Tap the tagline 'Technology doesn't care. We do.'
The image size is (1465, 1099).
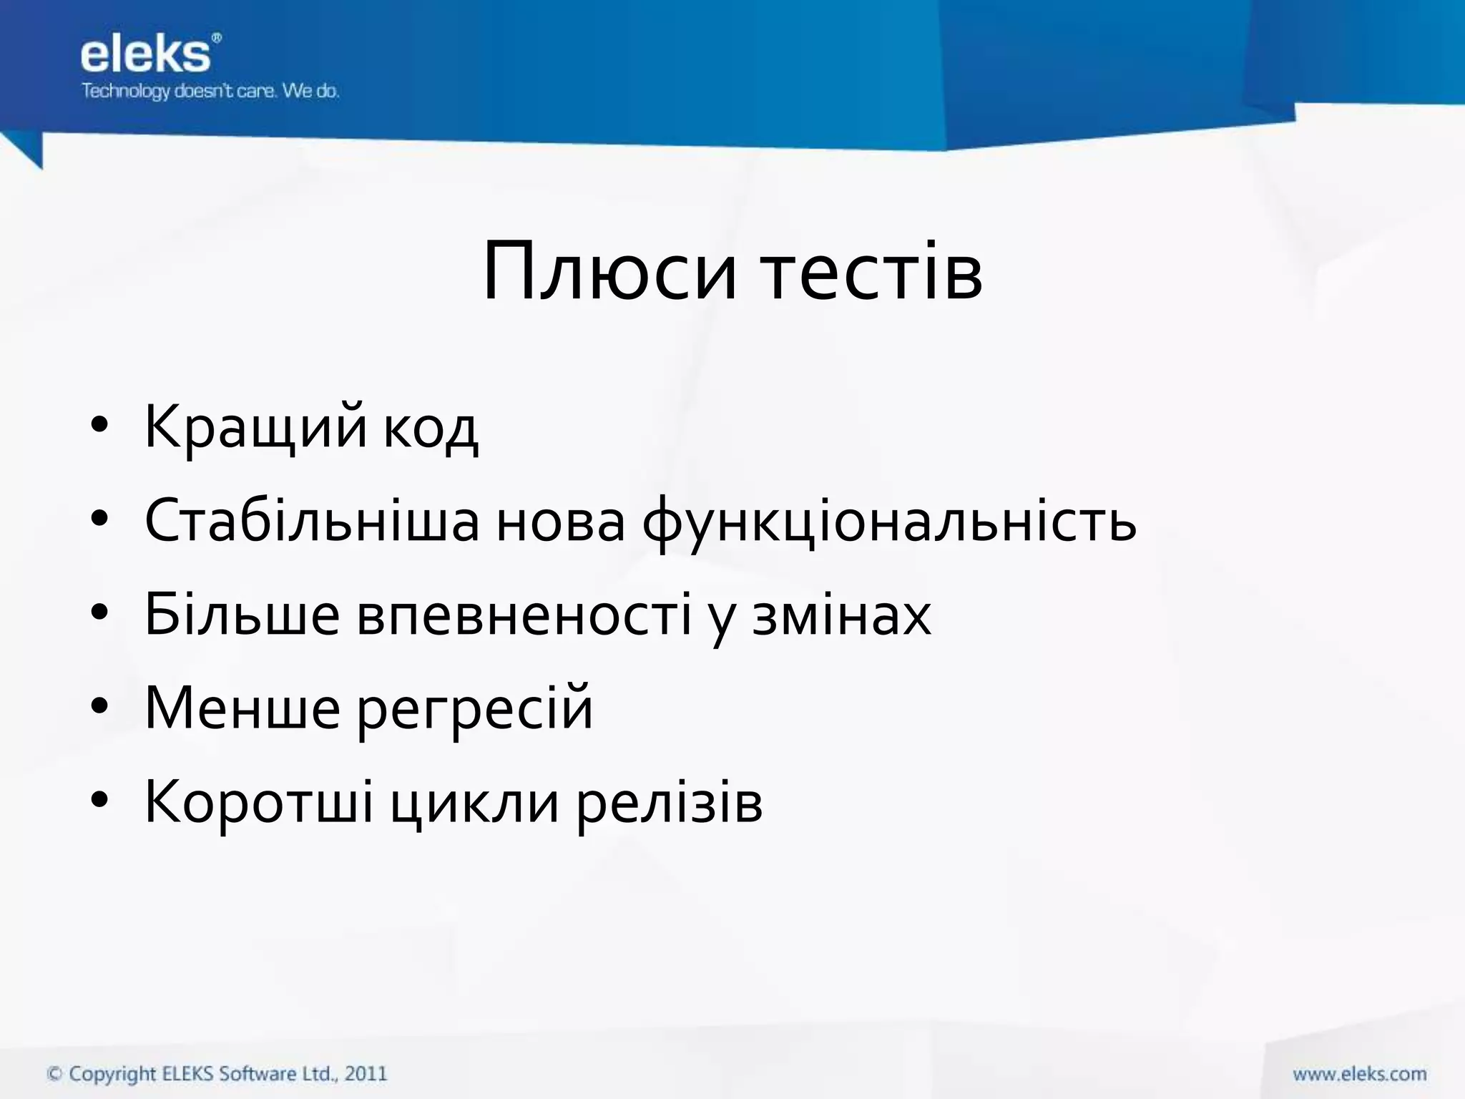(210, 92)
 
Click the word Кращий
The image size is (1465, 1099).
(256, 428)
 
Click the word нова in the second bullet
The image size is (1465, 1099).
(560, 522)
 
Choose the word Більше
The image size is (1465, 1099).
(242, 614)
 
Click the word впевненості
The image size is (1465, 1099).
(524, 615)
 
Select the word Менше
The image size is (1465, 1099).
(242, 708)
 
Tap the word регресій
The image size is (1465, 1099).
(475, 710)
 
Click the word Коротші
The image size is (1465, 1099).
(259, 802)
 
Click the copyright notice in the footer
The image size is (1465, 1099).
(217, 1074)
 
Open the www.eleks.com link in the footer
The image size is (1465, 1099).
(1359, 1074)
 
